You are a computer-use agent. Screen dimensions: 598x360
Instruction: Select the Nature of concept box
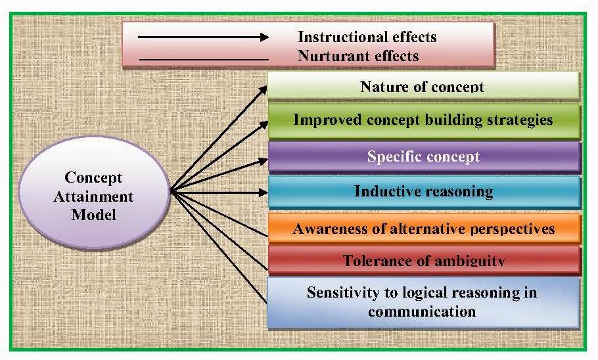point(423,86)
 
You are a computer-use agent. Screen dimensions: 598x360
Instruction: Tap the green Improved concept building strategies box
point(423,120)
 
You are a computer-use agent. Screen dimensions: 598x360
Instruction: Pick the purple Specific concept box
point(423,157)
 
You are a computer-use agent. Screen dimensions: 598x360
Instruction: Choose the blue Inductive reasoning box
point(423,192)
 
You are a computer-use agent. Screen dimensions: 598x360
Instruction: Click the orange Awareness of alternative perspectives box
point(423,229)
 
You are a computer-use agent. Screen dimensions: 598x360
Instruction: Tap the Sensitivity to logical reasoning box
point(422,302)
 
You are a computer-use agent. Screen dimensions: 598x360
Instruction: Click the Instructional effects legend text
point(367,36)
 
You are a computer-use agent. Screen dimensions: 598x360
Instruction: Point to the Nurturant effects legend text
point(358,56)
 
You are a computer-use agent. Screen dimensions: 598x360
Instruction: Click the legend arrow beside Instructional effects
point(204,37)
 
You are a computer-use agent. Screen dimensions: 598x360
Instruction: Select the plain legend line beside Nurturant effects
point(204,60)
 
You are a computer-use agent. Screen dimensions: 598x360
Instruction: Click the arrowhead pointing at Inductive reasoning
point(263,192)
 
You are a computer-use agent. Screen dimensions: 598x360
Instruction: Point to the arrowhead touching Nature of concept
point(264,89)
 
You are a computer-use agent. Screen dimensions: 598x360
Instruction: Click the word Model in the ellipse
point(95,214)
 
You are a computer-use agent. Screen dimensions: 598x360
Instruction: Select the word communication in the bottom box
point(422,311)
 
